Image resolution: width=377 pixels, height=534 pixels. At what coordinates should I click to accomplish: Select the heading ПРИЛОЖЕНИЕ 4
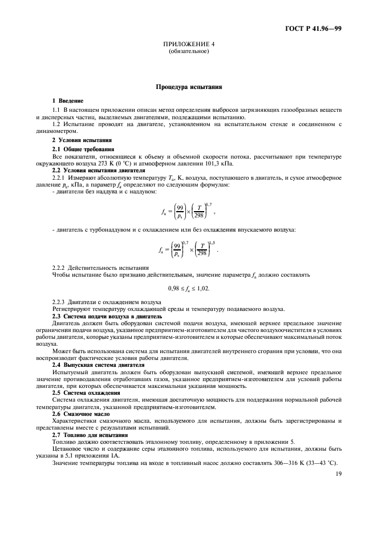coord(188,45)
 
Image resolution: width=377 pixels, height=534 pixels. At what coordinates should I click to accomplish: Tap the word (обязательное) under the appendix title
coord(188,52)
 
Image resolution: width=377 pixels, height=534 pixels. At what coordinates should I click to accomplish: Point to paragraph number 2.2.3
coord(59,302)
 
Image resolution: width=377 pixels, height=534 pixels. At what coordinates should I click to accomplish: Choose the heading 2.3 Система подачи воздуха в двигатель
coord(107,315)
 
